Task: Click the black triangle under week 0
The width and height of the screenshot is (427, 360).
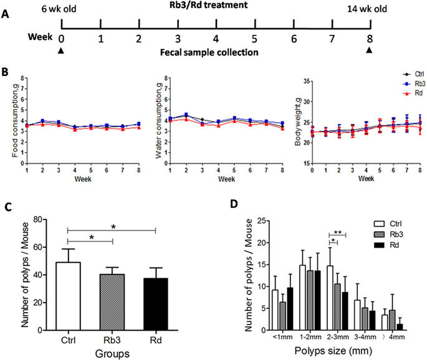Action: (61, 50)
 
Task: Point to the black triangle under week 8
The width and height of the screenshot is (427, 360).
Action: (370, 50)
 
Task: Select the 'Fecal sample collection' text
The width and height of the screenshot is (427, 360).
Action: (216, 53)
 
